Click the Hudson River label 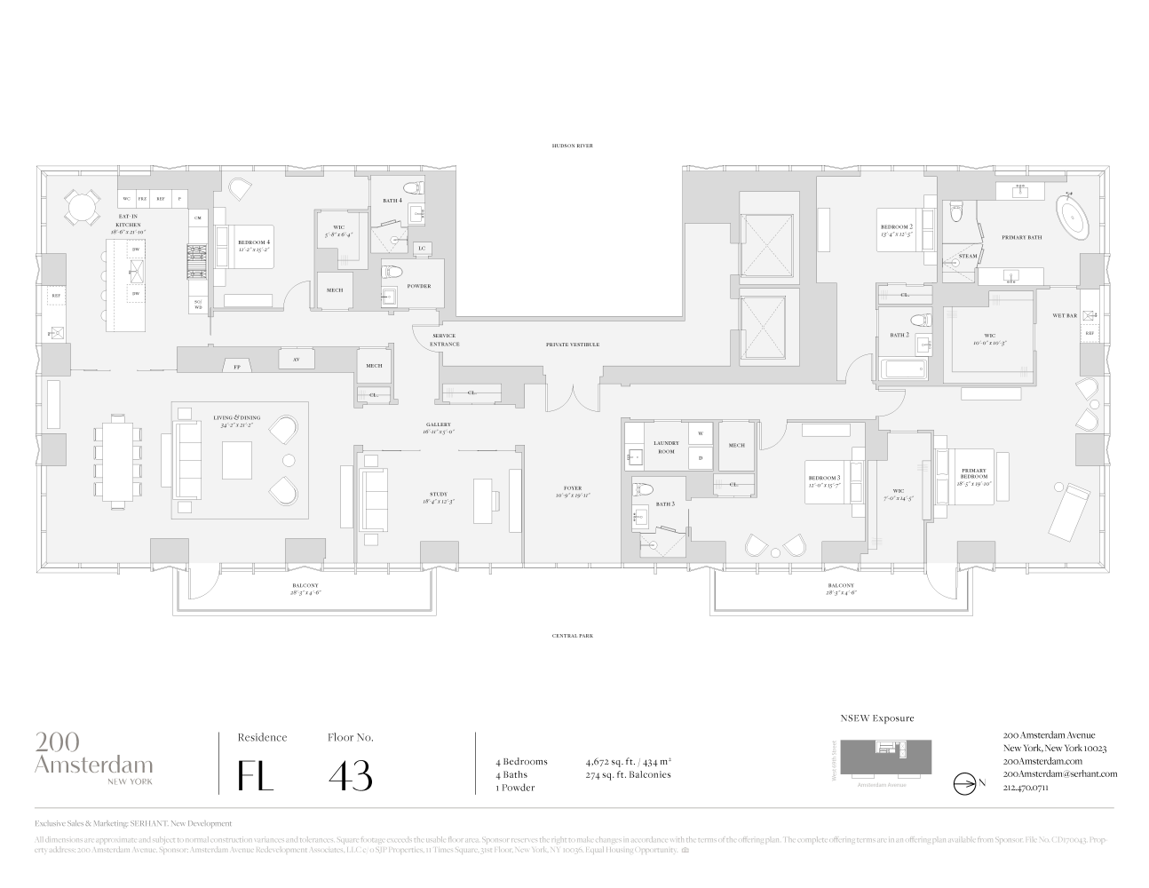[571, 146]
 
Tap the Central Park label [571, 636]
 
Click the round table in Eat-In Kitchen [82, 210]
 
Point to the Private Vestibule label [572, 345]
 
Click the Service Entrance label [444, 340]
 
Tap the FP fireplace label [236, 366]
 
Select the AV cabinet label [295, 360]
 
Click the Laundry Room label [664, 447]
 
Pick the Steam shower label [968, 257]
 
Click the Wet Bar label [1065, 315]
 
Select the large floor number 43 [350, 775]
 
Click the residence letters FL [255, 775]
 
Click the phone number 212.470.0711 [1026, 787]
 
